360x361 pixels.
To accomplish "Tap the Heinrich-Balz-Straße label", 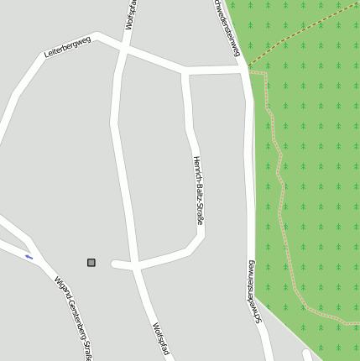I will (198, 191).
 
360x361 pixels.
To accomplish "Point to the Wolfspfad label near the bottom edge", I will (160, 339).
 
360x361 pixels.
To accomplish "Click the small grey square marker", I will (91, 263).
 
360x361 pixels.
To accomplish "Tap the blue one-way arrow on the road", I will (29, 256).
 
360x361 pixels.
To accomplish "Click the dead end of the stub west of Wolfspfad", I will (113, 265).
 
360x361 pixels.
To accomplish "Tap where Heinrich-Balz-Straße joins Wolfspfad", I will (134, 266).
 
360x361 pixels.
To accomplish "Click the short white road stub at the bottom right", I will (307, 355).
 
